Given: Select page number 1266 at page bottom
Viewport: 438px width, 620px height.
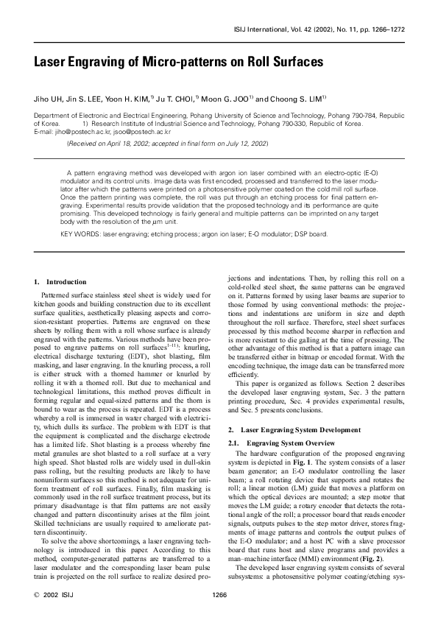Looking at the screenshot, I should pos(219,595).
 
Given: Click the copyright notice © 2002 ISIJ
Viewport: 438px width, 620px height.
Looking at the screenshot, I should pos(54,595).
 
